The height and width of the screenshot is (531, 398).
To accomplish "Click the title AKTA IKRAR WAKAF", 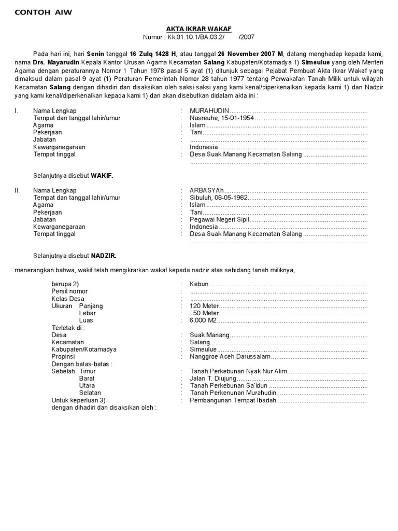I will (x=199, y=30).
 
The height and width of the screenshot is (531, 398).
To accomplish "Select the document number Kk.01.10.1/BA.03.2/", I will (x=197, y=37).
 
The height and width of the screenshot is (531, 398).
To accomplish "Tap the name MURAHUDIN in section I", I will (x=209, y=111).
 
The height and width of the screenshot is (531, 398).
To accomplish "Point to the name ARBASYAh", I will (x=207, y=191).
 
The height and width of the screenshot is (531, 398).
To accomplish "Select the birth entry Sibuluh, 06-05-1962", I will (x=219, y=198).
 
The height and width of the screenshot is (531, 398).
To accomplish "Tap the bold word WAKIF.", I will (x=102, y=176).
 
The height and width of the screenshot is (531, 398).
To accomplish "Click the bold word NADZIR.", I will (x=104, y=256).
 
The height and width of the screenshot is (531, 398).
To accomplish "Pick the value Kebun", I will (x=199, y=285).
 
